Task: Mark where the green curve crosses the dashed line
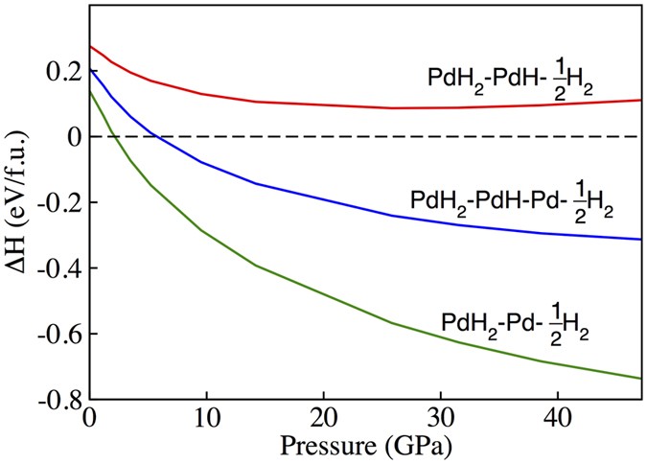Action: pyautogui.click(x=114, y=137)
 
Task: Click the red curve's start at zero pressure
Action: pyautogui.click(x=90, y=46)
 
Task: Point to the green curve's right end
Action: pyautogui.click(x=640, y=379)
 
